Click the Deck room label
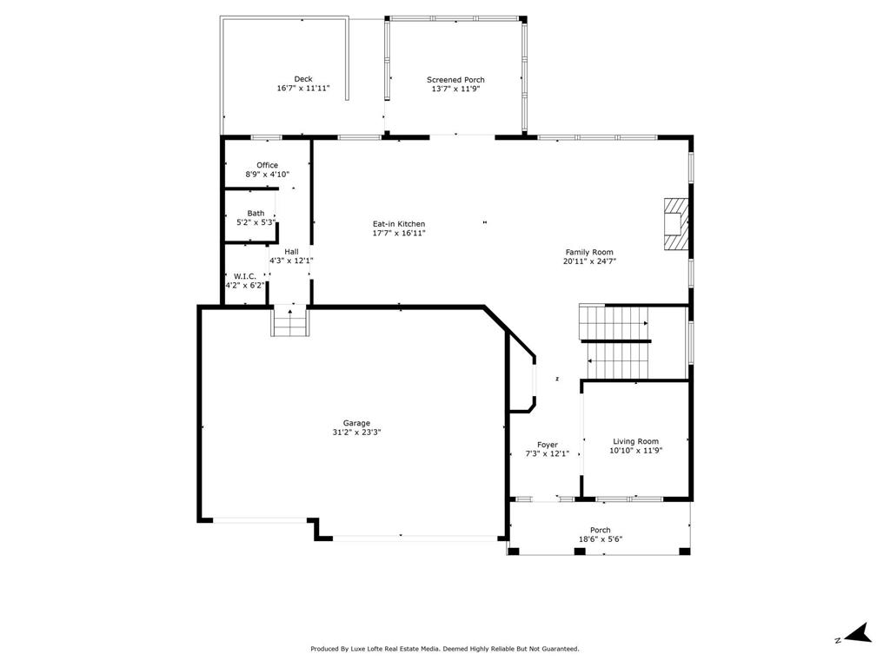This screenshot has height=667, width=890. click(x=302, y=79)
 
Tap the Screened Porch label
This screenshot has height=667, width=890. click(x=455, y=80)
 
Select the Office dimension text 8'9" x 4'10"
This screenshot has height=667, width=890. click(x=267, y=175)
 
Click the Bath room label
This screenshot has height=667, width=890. click(x=256, y=213)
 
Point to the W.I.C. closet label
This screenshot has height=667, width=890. click(x=244, y=276)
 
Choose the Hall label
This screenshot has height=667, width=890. click(x=291, y=251)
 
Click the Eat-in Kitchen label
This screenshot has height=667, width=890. click(x=399, y=224)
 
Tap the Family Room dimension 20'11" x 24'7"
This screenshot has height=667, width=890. click(x=590, y=261)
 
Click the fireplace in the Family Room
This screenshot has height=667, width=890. click(x=675, y=224)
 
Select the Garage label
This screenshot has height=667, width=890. click(x=355, y=423)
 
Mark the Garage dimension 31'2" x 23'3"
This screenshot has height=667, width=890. click(x=355, y=433)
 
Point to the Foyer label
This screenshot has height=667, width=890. click(x=547, y=445)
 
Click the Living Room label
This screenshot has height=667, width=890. click(x=635, y=441)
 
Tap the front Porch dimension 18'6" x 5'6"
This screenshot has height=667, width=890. click(x=600, y=539)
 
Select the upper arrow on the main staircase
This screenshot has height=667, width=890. click(x=645, y=324)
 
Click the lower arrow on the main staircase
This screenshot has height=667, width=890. click(x=591, y=360)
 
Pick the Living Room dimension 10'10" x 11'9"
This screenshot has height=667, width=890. click(x=635, y=451)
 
